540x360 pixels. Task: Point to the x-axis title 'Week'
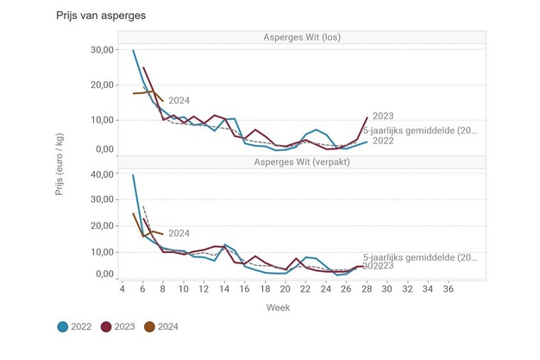click(x=278, y=307)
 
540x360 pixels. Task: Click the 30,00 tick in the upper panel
click(x=102, y=50)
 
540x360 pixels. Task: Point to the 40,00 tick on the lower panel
click(x=102, y=174)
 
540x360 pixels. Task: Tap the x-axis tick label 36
click(x=449, y=289)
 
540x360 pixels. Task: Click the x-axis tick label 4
click(x=123, y=289)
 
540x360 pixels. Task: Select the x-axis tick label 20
click(x=286, y=289)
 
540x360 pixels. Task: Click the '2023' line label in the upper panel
click(x=385, y=116)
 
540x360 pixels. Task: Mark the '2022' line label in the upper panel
click(x=385, y=141)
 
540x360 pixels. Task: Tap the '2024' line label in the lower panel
click(x=179, y=233)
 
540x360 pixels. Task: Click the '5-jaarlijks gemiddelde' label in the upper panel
click(x=419, y=129)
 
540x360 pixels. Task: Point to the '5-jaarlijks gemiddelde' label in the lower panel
click(x=419, y=257)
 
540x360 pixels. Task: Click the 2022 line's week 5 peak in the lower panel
click(x=133, y=175)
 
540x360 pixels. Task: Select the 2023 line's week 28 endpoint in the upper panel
click(x=367, y=117)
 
